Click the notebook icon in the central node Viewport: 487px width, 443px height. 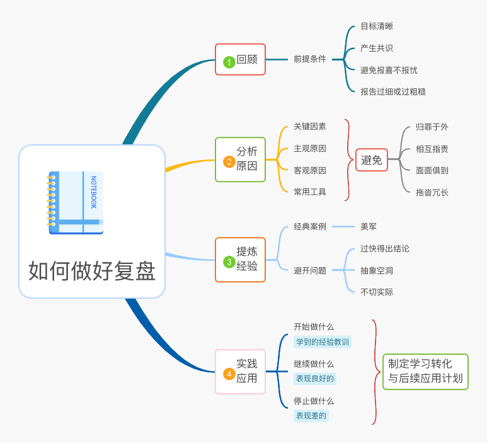point(76,202)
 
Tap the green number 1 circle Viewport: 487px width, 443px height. point(229,62)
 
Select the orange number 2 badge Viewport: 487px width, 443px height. point(229,161)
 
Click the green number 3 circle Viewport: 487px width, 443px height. point(229,262)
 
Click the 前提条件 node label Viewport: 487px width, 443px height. point(310,59)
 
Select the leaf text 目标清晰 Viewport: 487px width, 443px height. point(377,26)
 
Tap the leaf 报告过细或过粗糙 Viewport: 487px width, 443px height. point(393,91)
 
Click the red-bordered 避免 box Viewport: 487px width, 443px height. point(372,160)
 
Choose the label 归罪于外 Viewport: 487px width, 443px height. point(432,127)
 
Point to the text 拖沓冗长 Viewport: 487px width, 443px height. point(432,192)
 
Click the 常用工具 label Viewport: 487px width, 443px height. point(310,192)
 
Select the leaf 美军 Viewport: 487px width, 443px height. point(369,226)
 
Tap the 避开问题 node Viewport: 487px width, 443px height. point(310,270)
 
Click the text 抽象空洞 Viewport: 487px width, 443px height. point(377,270)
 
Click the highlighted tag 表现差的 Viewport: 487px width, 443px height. point(312,415)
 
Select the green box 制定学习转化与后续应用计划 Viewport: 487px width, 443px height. point(425,371)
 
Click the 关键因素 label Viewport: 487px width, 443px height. point(310,127)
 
